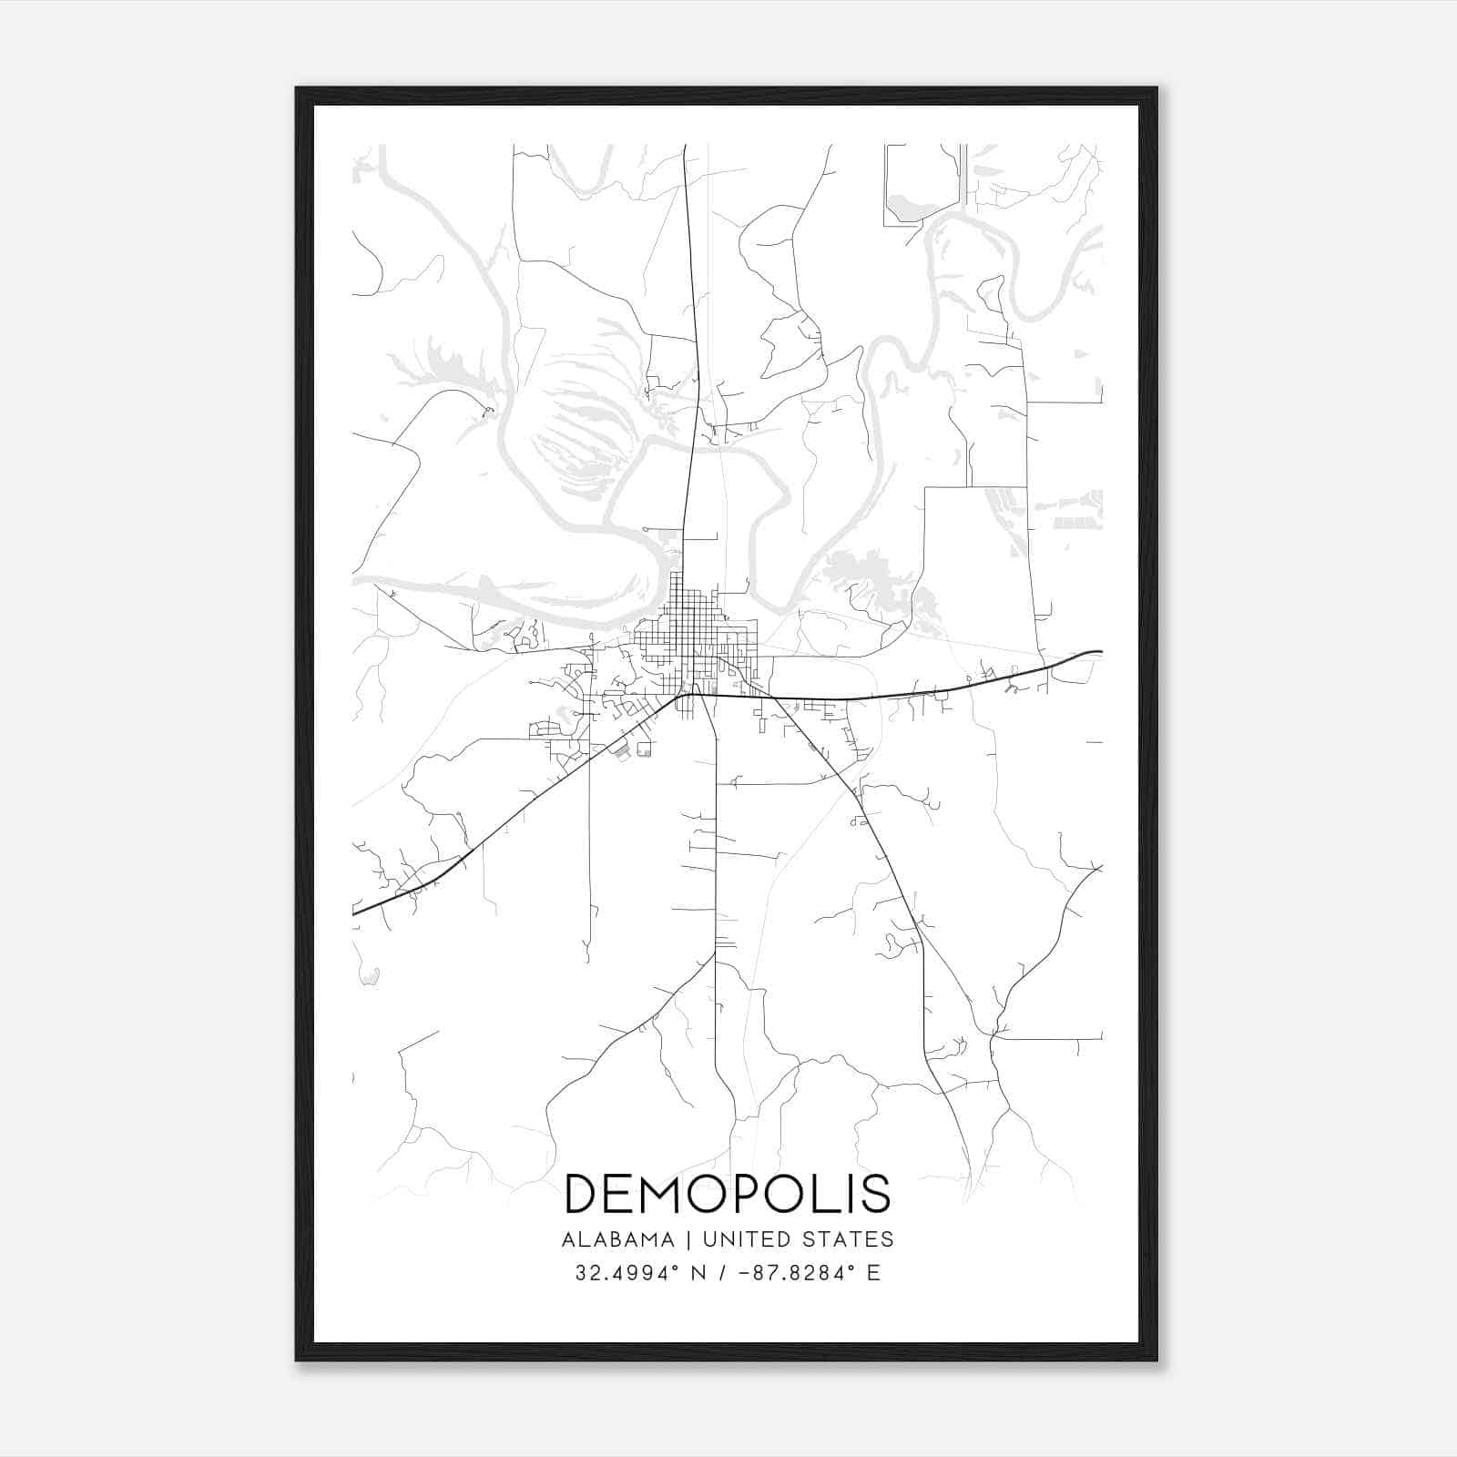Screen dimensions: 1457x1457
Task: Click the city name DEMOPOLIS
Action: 728,1193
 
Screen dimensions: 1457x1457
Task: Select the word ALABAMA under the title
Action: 618,1239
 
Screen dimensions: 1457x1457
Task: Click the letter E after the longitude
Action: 873,1273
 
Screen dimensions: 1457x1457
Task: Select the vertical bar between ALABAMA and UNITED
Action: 684,1239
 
